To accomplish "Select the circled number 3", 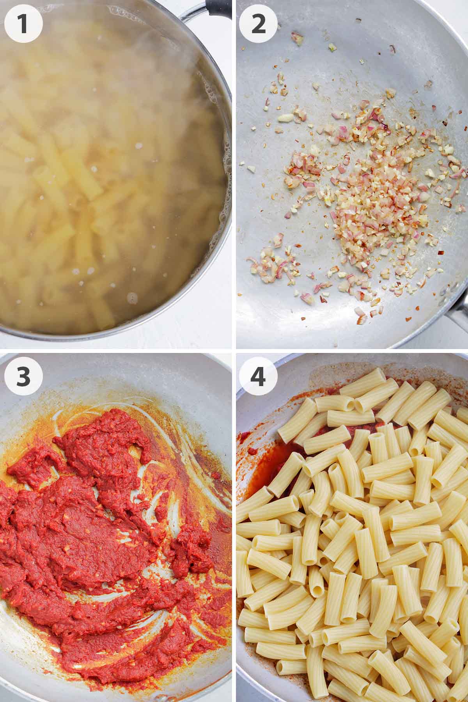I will (x=23, y=376).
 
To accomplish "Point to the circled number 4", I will (x=258, y=376).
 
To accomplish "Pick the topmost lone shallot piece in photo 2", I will (x=297, y=39).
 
